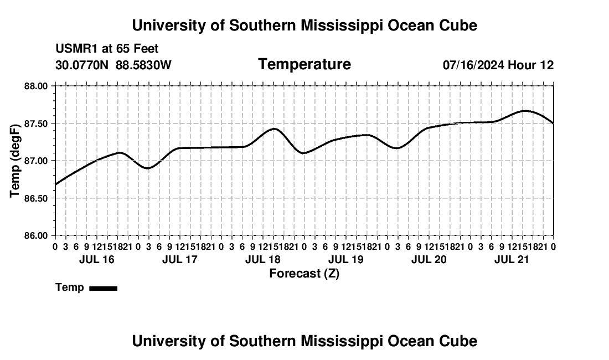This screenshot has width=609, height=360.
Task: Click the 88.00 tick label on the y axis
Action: point(36,86)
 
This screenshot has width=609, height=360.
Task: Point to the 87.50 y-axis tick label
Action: point(36,124)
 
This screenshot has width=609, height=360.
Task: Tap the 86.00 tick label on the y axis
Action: point(36,236)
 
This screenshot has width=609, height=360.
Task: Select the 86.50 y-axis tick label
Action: point(36,198)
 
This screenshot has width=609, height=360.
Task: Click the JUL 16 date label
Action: point(97,259)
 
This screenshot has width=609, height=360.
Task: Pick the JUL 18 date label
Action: point(263,259)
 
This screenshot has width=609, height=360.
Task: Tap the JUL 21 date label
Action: point(512,259)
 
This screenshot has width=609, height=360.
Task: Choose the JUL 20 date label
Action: point(429,259)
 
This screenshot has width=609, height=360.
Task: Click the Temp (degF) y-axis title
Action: point(15,161)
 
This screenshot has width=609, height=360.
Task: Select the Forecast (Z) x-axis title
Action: point(304,274)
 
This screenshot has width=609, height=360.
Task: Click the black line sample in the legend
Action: point(104,288)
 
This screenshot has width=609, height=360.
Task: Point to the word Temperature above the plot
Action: point(304,64)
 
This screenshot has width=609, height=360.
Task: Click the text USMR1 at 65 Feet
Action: point(107,49)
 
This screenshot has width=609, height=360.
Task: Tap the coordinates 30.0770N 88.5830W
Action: point(113,65)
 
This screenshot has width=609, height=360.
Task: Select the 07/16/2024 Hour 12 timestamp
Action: point(498,65)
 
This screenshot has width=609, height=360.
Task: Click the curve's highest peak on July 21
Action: point(525,111)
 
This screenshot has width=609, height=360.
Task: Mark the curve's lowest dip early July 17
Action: point(148,168)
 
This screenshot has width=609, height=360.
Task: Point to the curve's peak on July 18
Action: point(274,128)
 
